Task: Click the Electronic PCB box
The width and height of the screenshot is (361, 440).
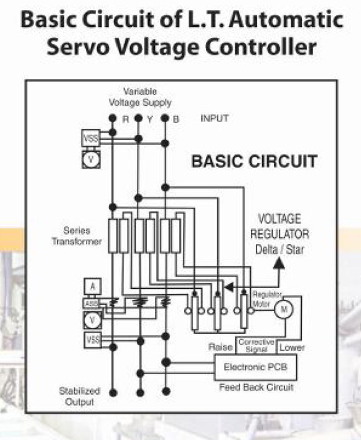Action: (x=255, y=367)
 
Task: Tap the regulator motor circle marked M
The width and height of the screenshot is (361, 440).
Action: (x=284, y=309)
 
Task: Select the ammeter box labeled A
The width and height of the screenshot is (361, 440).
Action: (x=93, y=286)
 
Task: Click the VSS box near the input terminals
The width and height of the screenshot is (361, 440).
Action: (x=91, y=138)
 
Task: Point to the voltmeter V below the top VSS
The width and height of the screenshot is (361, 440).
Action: (x=91, y=159)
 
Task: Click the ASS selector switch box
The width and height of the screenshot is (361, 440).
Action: (x=91, y=303)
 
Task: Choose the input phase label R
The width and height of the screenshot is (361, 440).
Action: (x=126, y=119)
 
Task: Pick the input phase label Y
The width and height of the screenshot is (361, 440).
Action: (x=150, y=119)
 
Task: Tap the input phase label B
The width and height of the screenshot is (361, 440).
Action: (x=176, y=119)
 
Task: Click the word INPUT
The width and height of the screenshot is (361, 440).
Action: (x=215, y=118)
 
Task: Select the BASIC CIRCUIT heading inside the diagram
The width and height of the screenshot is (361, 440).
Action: (x=255, y=161)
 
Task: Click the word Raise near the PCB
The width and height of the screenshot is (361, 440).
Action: (x=220, y=347)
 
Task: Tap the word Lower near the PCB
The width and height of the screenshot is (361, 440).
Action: (x=292, y=348)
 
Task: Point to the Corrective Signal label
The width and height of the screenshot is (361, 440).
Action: (x=256, y=345)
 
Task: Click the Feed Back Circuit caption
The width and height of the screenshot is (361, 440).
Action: (x=256, y=387)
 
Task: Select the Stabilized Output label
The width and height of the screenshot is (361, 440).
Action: (x=80, y=396)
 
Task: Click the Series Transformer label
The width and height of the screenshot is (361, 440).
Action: (x=77, y=236)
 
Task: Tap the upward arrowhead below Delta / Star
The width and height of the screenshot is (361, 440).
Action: (x=279, y=263)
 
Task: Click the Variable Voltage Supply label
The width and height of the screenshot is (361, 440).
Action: (x=140, y=97)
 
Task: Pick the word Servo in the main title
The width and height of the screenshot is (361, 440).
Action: (x=78, y=46)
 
